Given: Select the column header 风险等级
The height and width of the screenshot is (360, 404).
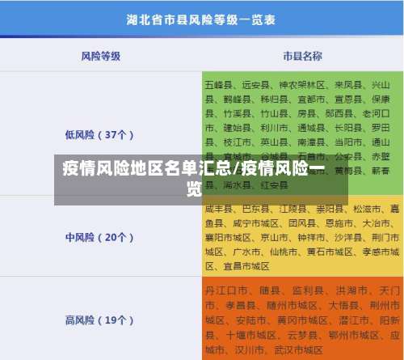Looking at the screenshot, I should [101, 56].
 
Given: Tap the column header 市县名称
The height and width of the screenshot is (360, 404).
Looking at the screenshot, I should [302, 56].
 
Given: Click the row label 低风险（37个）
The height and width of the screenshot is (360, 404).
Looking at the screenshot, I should [100, 134].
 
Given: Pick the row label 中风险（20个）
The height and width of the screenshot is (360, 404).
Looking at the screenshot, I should [100, 237].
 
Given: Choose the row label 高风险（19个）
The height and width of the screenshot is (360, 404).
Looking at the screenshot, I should [100, 320].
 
